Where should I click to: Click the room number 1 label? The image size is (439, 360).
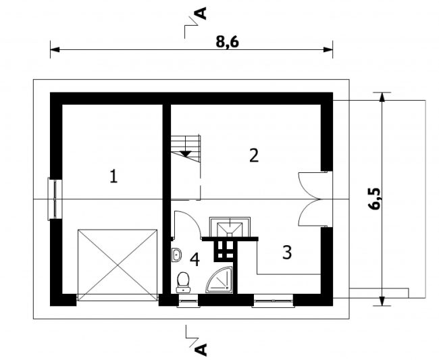[113, 176]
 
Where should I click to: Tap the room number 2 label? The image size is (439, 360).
[254, 155]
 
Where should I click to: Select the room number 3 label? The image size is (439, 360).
[287, 252]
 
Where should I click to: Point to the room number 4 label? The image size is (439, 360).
[195, 259]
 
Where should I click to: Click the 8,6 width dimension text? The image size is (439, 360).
[228, 42]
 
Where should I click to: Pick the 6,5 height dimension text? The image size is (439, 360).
[375, 199]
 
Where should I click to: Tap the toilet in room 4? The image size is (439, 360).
[184, 282]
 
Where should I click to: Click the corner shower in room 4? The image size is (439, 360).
[219, 280]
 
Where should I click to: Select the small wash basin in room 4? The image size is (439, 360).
[176, 255]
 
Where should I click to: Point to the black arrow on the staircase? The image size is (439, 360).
[185, 154]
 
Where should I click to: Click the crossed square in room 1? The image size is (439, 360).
[118, 265]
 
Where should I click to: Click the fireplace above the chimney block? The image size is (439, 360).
[230, 227]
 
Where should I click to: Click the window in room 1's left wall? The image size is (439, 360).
[55, 199]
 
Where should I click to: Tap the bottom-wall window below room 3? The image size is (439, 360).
[274, 301]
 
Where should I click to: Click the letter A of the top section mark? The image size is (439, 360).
[201, 13]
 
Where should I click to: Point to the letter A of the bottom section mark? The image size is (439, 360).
[201, 349]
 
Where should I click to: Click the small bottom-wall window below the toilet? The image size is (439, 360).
[188, 301]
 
